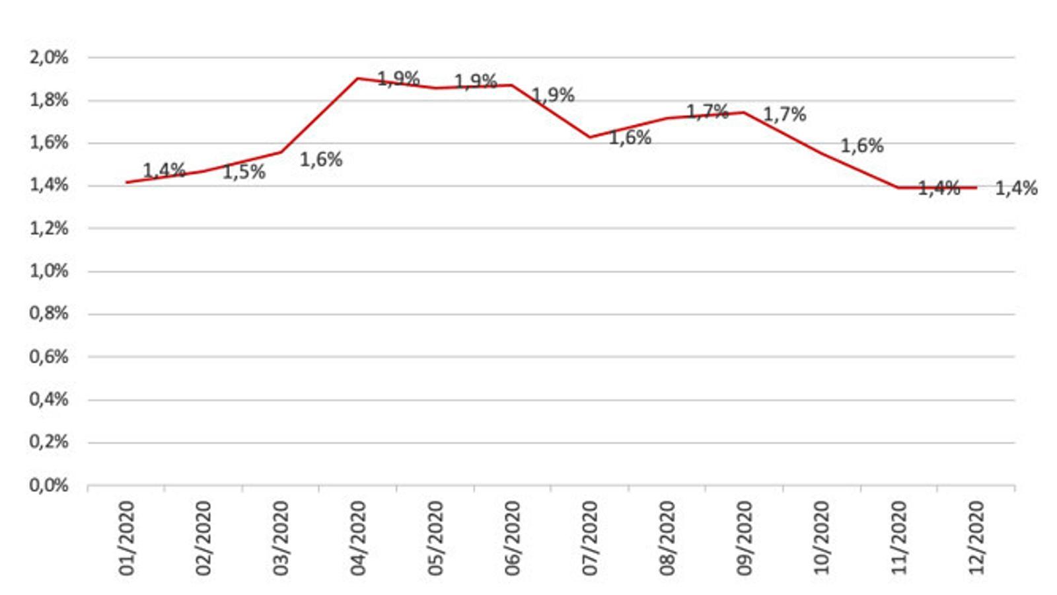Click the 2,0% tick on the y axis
click(x=48, y=58)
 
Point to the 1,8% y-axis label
click(x=48, y=100)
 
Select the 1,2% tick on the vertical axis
click(x=48, y=229)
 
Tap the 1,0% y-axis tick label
click(x=48, y=271)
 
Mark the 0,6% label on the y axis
click(x=48, y=357)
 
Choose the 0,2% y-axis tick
click(x=48, y=442)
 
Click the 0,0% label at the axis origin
click(x=48, y=485)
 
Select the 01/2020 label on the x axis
click(x=126, y=537)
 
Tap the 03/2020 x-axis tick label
click(x=281, y=537)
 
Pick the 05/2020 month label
click(x=435, y=537)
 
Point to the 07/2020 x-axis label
click(x=590, y=537)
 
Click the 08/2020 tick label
click(x=667, y=537)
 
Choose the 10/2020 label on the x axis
click(x=822, y=537)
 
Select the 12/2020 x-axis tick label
click(x=976, y=537)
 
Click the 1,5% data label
click(x=244, y=173)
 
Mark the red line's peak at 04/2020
click(x=358, y=79)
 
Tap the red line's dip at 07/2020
click(x=590, y=138)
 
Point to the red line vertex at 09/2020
click(x=745, y=112)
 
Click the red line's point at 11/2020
click(x=899, y=188)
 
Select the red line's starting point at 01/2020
click(x=126, y=182)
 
